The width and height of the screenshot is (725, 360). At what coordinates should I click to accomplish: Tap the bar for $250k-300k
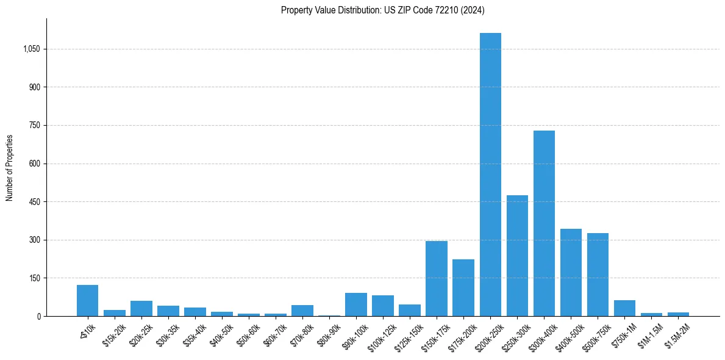517,256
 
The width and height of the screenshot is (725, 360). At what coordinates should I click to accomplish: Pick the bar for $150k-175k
437,278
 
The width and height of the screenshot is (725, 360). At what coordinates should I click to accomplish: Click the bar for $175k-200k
463,287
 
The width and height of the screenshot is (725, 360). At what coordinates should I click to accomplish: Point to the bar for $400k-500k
571,272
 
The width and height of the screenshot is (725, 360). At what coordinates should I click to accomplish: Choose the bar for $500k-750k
598,275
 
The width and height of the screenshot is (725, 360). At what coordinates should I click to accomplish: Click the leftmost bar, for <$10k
87,300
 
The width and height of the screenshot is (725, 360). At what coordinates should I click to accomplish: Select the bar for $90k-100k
356,304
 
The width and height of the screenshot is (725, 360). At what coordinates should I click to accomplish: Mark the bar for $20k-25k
141,308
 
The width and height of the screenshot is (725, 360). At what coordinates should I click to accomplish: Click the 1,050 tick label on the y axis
31,49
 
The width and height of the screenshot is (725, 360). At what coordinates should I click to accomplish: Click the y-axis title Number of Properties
10,168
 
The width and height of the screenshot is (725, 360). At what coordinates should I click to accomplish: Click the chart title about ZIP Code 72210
382,10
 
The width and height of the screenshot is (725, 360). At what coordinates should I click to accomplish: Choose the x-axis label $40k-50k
221,333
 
